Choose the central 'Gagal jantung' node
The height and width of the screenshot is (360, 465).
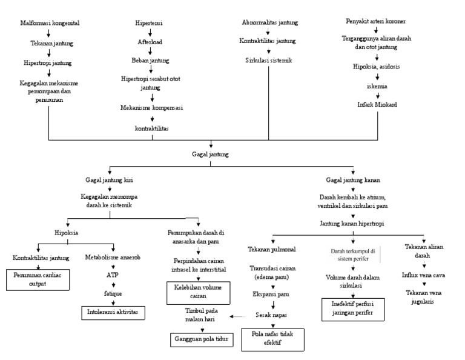pos(210,155)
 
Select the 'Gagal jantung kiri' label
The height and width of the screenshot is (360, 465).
pos(110,180)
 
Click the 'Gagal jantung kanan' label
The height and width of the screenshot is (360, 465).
pos(354,180)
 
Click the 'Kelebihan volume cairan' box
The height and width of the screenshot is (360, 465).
pos(199,292)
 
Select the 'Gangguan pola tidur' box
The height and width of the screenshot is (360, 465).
pos(202,339)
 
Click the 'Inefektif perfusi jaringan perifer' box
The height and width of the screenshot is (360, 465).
pos(352,308)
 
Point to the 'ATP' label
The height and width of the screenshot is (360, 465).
pos(112,274)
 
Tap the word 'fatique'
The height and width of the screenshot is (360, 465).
pos(112,293)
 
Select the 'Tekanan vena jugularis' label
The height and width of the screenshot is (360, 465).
pos(423,296)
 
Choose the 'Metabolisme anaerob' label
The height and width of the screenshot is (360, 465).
pos(114,257)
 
